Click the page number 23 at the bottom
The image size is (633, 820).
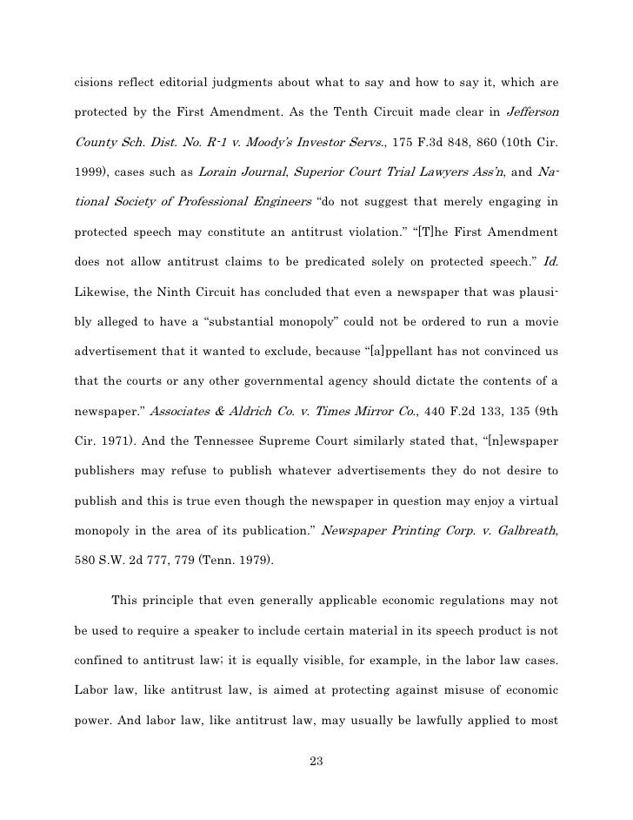click(316, 763)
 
